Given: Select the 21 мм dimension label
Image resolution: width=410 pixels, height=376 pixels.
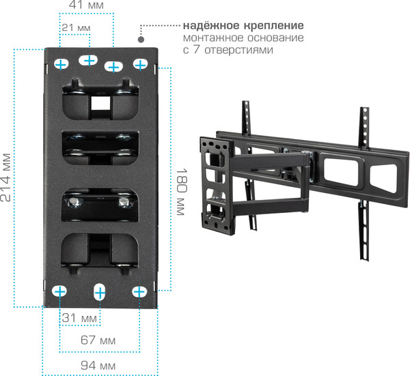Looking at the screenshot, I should (76, 28).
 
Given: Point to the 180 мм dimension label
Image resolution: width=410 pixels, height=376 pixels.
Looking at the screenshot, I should (180, 192).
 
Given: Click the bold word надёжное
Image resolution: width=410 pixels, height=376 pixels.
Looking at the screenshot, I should (207, 26).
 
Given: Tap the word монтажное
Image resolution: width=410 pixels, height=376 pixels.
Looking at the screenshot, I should (210, 38).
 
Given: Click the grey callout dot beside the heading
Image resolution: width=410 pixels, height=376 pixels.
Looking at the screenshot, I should (142, 28).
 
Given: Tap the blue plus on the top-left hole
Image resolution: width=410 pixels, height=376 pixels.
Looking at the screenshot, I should (61, 64).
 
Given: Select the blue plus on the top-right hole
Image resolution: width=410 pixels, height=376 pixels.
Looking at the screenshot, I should (140, 64).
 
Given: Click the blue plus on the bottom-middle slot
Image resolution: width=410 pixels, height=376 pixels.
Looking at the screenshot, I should (99, 293).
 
